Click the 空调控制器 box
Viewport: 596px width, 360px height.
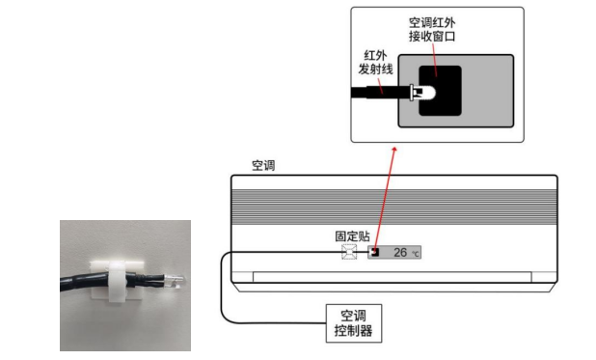(x=354, y=323)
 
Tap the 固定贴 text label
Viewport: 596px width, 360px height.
(x=352, y=235)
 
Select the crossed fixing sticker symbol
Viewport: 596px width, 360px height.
(x=349, y=252)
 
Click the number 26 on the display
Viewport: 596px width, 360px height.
(x=400, y=252)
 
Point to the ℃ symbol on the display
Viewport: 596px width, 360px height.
(x=415, y=254)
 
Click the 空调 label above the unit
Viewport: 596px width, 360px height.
(x=263, y=166)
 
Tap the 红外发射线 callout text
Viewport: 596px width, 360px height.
(x=375, y=62)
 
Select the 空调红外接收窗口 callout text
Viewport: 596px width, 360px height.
(x=432, y=29)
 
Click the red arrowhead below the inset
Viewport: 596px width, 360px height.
(x=394, y=150)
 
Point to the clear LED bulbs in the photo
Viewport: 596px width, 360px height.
(x=175, y=281)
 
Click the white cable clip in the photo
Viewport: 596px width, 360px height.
(x=115, y=281)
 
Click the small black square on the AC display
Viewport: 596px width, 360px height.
(x=375, y=252)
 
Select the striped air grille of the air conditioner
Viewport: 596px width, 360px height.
(x=394, y=207)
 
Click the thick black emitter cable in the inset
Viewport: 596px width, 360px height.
(x=380, y=93)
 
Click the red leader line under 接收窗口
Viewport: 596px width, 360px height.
(x=434, y=60)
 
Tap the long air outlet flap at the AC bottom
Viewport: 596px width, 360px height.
(x=392, y=277)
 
